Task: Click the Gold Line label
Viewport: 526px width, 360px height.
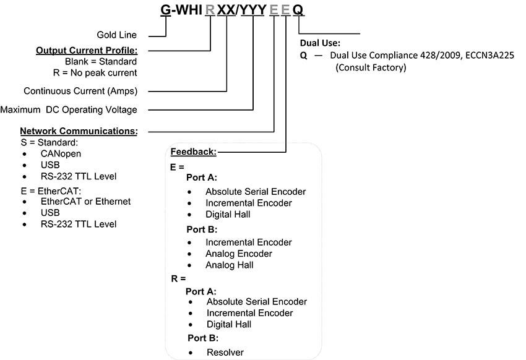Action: click(116, 35)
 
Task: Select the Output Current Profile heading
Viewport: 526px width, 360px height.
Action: click(87, 50)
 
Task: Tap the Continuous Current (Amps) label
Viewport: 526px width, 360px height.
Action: click(80, 91)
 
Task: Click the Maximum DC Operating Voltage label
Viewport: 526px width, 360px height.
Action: click(69, 109)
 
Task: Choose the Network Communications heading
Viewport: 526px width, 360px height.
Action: click(79, 131)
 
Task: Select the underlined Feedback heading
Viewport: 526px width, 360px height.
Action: click(193, 152)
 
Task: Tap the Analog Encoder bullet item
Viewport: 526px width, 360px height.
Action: click(239, 254)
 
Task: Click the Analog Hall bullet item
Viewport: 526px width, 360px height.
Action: click(230, 265)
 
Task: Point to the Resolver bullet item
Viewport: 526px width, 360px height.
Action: click(225, 353)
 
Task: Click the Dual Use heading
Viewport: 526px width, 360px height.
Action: click(319, 44)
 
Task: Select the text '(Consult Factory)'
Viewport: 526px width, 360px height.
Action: click(371, 67)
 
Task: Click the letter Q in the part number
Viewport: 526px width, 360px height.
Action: click(298, 11)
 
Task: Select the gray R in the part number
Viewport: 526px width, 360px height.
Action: click(210, 11)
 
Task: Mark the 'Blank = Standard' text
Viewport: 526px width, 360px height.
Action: click(101, 61)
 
